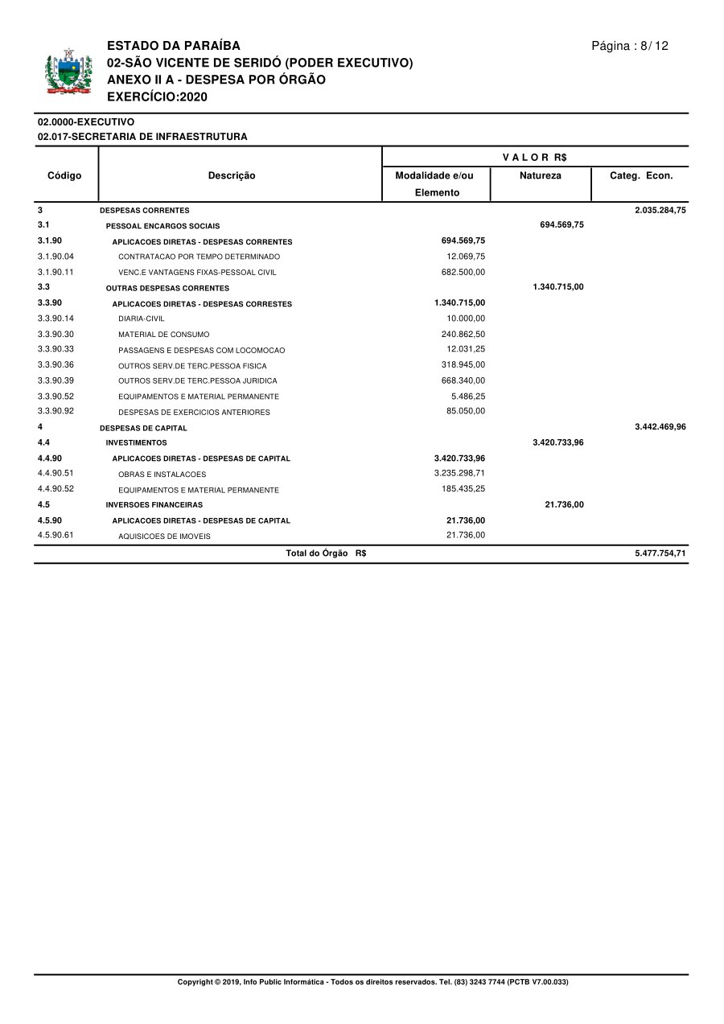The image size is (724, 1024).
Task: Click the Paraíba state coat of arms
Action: [68, 72]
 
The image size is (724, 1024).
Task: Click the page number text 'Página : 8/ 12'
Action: [630, 46]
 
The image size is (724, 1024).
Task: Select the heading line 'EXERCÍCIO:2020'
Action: [157, 97]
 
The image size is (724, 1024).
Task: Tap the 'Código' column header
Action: [64, 175]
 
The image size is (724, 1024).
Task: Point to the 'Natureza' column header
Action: [541, 175]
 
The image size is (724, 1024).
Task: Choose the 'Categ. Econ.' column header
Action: [641, 175]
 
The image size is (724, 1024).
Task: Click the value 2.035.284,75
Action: [660, 210]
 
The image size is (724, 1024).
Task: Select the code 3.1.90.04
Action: [56, 256]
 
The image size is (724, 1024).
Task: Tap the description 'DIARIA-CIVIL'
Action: [142, 319]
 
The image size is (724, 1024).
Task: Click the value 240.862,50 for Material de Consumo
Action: [463, 334]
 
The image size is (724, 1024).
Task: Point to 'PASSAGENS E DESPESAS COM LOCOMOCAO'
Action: [201, 350]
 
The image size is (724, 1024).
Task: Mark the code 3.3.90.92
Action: [56, 411]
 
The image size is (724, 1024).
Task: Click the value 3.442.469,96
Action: [660, 427]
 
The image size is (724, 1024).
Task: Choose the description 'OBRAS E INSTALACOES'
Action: [162, 474]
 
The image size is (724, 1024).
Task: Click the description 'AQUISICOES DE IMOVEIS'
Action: [164, 536]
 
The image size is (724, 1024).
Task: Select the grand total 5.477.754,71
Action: [660, 553]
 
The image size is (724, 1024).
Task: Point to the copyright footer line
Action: [372, 981]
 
